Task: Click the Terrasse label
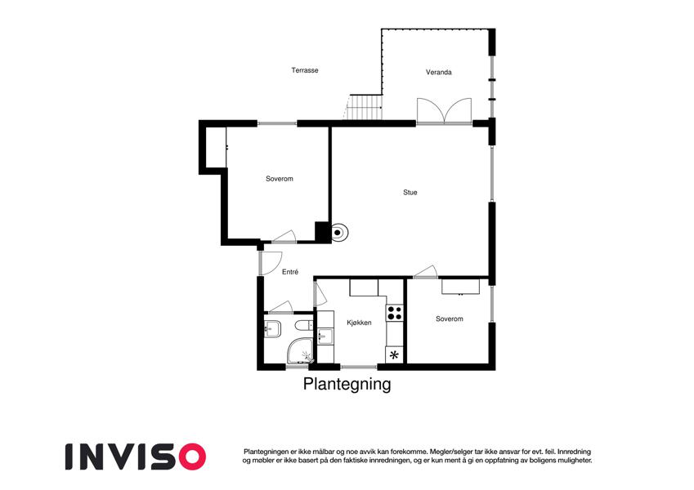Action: point(305,70)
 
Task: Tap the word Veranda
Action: point(439,72)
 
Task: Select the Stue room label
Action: point(410,193)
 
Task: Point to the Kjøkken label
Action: point(359,323)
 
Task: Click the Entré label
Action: point(290,272)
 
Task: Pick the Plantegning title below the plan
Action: point(347,384)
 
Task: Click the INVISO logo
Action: point(136,457)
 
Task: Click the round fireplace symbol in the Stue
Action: point(338,232)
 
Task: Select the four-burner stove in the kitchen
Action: point(394,313)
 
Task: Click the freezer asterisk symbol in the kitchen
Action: point(394,354)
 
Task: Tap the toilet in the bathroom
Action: point(303,324)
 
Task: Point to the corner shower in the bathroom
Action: point(300,352)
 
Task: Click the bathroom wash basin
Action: point(272,329)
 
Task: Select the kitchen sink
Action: point(326,336)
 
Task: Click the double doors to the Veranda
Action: point(444,110)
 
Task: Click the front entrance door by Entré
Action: point(270,263)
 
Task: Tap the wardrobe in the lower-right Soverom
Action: point(460,287)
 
